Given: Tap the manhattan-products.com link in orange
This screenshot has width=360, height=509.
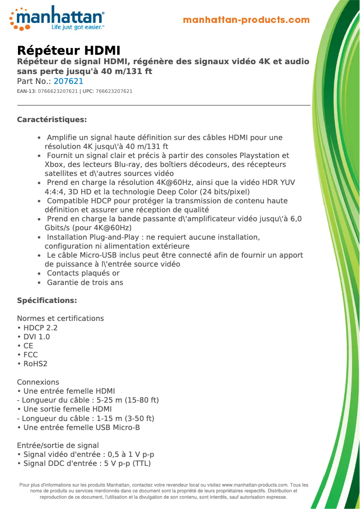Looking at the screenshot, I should pyautogui.click(x=246, y=20).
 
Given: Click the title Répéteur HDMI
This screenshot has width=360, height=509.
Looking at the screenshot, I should pyautogui.click(x=69, y=50).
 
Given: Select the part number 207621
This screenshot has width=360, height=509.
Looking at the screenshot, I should pyautogui.click(x=68, y=81).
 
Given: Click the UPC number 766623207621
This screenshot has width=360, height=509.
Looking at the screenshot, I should pyautogui.click(x=114, y=92).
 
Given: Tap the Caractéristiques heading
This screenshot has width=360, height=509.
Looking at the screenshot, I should pyautogui.click(x=52, y=119).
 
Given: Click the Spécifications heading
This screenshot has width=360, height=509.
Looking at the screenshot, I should pyautogui.click(x=47, y=300).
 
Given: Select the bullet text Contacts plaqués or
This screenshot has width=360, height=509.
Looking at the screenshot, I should pyautogui.click(x=83, y=273).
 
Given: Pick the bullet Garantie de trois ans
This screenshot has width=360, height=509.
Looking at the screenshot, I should pyautogui.click(x=85, y=282).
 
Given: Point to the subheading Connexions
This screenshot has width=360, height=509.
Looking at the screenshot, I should pyautogui.click(x=38, y=382).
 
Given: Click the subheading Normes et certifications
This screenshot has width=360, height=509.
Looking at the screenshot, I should pyautogui.click(x=60, y=318).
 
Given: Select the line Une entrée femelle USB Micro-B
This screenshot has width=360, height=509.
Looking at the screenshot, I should pyautogui.click(x=81, y=427).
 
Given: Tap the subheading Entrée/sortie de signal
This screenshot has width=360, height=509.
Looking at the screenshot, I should pyautogui.click(x=58, y=445).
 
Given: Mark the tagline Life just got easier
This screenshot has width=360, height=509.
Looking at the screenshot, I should pyautogui.click(x=78, y=27).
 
